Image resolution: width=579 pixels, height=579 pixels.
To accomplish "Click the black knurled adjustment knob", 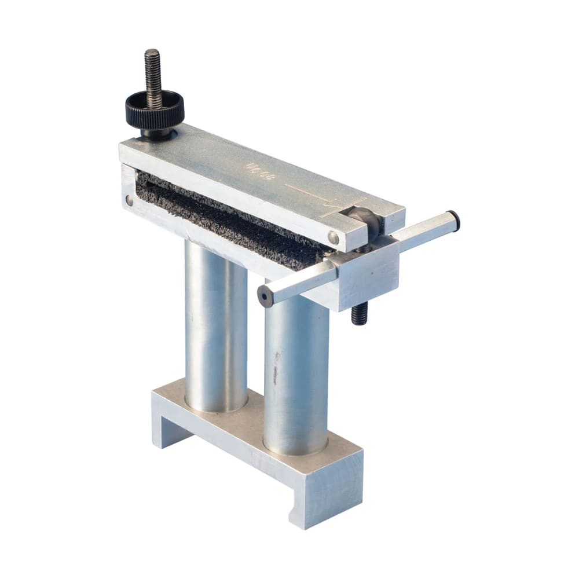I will (155, 108).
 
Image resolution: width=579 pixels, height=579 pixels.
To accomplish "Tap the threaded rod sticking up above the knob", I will (153, 69).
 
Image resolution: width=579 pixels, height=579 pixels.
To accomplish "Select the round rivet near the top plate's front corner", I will (334, 237).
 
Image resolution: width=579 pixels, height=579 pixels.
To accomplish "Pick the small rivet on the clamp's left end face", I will (129, 200).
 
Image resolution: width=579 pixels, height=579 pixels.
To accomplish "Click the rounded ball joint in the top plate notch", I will (364, 220).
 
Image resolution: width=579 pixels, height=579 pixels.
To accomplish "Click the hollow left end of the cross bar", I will (265, 296).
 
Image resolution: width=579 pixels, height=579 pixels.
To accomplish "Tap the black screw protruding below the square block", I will (359, 314).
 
